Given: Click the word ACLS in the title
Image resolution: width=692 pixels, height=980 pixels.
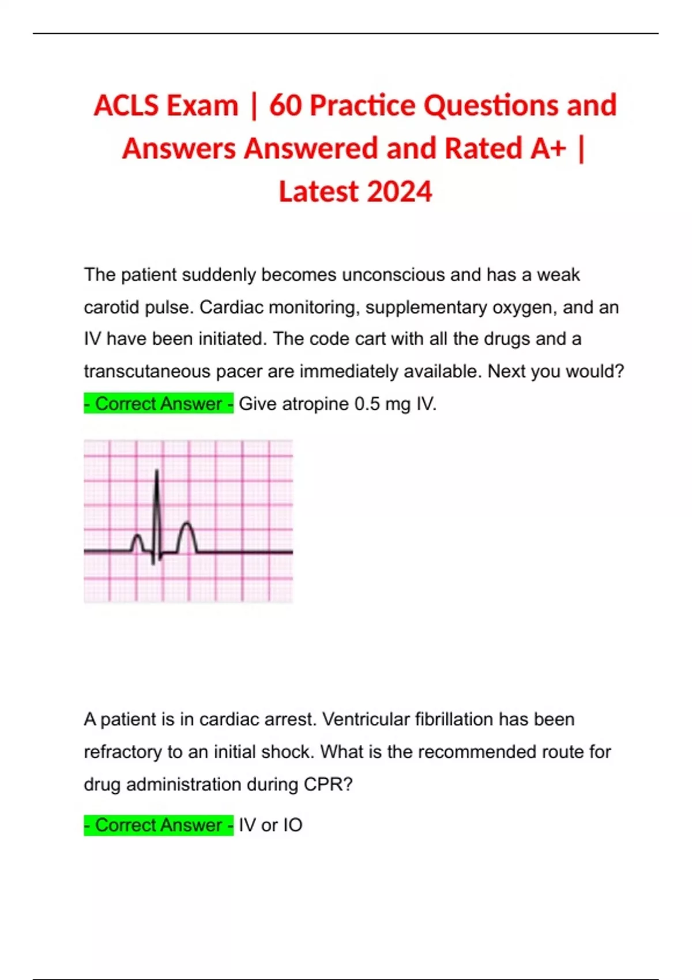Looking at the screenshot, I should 126,106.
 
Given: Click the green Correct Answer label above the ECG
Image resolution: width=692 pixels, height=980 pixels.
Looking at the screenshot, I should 159,404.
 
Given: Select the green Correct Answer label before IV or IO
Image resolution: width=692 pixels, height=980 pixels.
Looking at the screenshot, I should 159,825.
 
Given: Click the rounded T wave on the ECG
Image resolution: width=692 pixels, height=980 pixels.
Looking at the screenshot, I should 186,533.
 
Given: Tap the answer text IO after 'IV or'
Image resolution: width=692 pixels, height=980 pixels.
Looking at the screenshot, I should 292,825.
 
